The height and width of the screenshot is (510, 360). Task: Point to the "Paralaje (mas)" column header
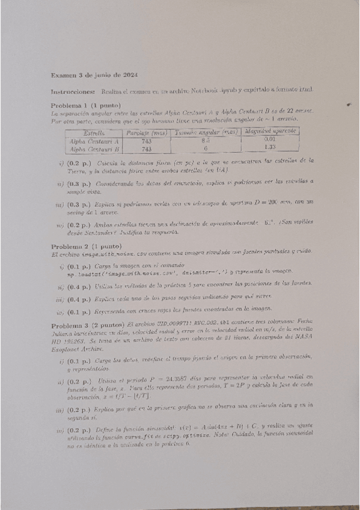pyautogui.click(x=146, y=132)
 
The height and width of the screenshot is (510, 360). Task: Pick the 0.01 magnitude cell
pyautogui.click(x=269, y=139)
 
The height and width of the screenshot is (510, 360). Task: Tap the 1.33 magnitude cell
pyautogui.click(x=269, y=147)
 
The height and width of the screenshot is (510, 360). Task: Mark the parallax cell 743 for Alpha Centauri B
pyautogui.click(x=146, y=149)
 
